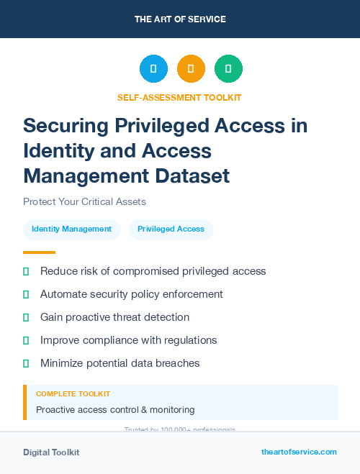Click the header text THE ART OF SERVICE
point(180,19)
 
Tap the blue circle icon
point(153,69)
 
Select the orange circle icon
point(191,69)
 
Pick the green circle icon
point(228,69)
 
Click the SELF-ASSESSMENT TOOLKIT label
point(179,97)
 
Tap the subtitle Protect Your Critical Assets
point(85,201)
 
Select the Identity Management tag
point(71,229)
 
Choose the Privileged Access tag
point(171,229)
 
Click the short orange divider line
point(39,252)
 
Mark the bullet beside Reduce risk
point(26,272)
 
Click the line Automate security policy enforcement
point(131,294)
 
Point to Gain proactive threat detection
point(114,317)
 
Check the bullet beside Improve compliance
point(26,340)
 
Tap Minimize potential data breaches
point(120,363)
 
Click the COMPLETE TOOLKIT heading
point(73,394)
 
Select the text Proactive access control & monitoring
point(115,409)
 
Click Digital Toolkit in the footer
point(51,452)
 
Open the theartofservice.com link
point(299,452)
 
